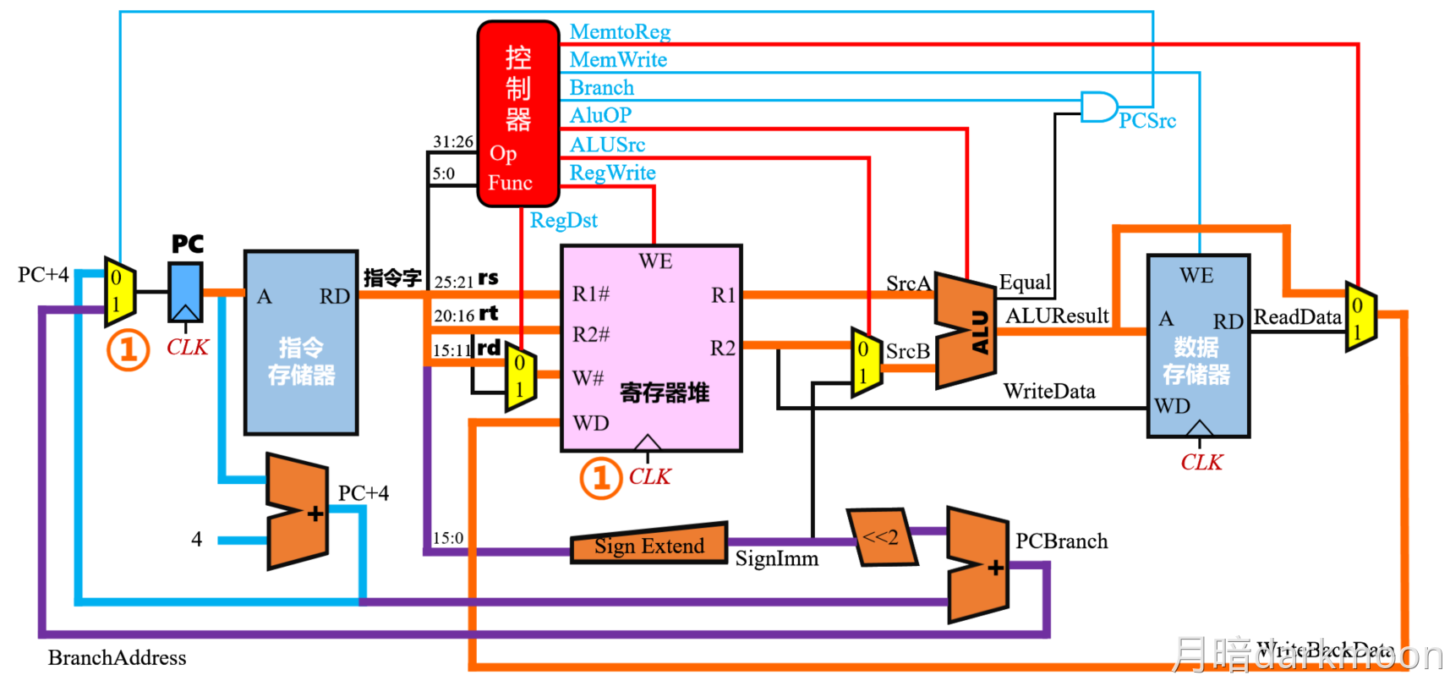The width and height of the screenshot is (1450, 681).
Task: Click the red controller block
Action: [517, 113]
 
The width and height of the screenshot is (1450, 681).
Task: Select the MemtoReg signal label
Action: [620, 32]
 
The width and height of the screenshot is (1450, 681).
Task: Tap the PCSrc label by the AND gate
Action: [1147, 121]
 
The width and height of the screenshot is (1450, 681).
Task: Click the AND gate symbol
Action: [1098, 107]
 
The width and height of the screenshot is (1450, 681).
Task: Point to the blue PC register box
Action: [186, 292]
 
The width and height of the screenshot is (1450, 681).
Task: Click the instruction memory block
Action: [301, 343]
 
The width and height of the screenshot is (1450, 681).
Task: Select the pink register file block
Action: [651, 348]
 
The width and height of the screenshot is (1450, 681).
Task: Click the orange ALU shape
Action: [966, 331]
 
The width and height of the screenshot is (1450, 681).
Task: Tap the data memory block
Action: [1197, 346]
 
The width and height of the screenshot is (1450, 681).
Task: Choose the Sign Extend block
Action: [648, 545]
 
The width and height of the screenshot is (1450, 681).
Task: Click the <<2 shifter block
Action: [881, 536]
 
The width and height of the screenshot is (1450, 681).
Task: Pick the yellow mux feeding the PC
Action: [119, 291]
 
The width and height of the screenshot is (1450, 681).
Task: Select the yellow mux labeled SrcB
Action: [866, 362]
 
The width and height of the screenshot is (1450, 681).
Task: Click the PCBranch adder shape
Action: [977, 564]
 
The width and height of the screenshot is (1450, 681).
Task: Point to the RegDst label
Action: [563, 221]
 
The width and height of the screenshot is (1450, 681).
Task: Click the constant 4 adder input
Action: [197, 540]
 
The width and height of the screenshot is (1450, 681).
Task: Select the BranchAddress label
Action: [117, 658]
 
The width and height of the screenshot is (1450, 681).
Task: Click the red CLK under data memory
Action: [1201, 463]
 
